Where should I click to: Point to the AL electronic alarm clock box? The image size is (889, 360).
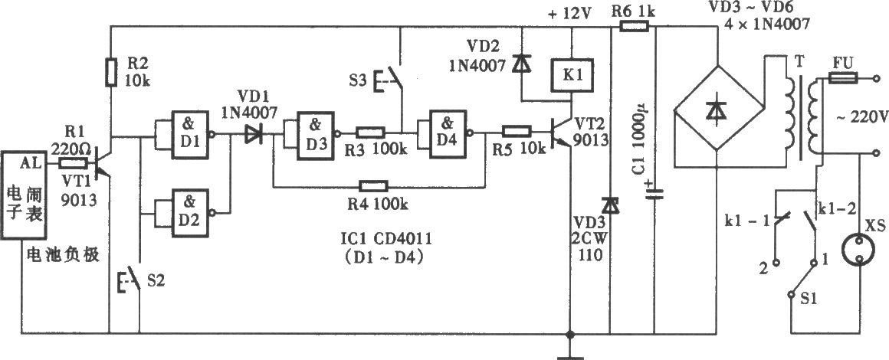[x=23, y=195]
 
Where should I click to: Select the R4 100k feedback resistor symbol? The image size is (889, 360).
[x=373, y=187]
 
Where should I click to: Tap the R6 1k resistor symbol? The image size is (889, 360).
[x=635, y=25]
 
